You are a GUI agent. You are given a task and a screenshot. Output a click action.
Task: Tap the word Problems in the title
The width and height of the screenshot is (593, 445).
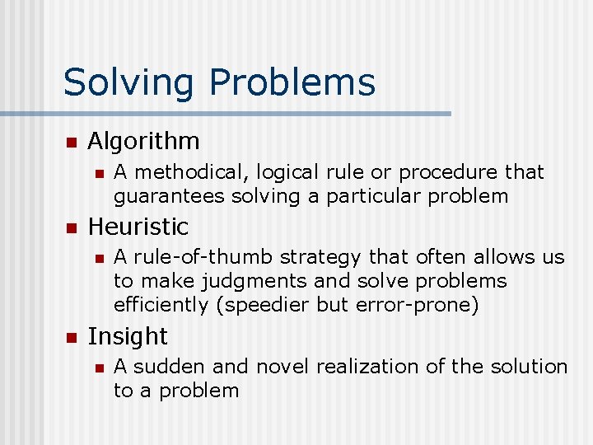point(292,83)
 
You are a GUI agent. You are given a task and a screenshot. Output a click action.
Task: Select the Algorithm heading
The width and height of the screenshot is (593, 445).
point(143,141)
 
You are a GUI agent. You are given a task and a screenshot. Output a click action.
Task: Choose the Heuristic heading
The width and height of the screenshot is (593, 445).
point(138,226)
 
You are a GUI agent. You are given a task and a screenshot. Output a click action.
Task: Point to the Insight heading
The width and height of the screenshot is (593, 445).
point(127,336)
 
